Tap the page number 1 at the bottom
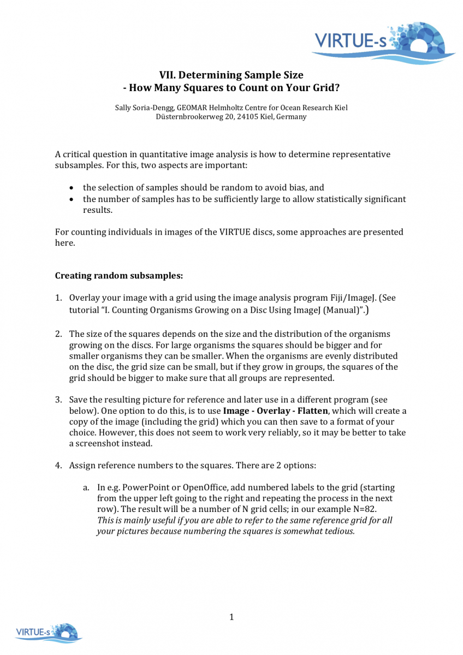(x=231, y=617)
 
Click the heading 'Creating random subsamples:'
(x=119, y=276)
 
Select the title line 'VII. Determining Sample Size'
(x=231, y=75)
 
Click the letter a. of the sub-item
(x=86, y=487)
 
